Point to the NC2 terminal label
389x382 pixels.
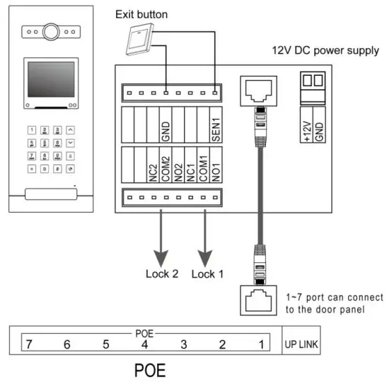[152, 170]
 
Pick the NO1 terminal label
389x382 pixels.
[213, 169]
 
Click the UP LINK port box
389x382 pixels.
[301, 344]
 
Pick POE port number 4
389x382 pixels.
[144, 344]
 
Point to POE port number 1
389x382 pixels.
[260, 344]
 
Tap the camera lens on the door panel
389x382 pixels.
[50, 32]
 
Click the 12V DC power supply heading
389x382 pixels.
[325, 52]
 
